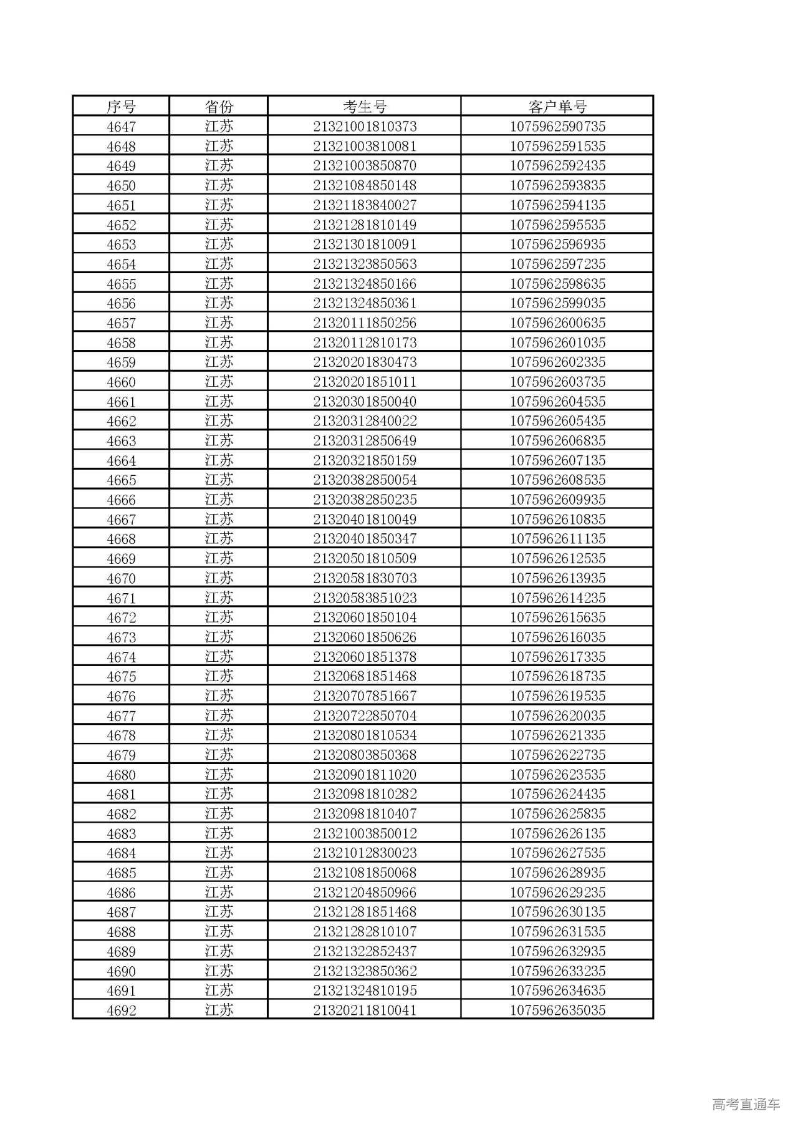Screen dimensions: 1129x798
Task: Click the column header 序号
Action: (121, 106)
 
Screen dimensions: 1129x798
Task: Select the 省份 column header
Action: (219, 106)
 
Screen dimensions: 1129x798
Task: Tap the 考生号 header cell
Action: (365, 106)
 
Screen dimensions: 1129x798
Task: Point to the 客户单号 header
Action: (557, 106)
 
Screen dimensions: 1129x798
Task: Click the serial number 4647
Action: (121, 127)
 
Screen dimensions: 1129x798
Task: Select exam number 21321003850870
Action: (365, 166)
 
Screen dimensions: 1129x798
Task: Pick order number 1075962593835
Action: (557, 185)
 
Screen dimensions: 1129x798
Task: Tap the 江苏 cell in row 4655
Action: (219, 284)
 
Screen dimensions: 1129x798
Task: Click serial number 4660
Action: (121, 382)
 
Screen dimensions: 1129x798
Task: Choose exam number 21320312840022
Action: (365, 421)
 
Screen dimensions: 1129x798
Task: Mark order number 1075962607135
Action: (557, 460)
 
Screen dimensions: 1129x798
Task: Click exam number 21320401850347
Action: (365, 539)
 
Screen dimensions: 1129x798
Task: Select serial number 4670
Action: (121, 578)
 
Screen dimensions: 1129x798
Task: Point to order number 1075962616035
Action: (557, 637)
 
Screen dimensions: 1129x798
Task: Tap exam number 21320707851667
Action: (365, 696)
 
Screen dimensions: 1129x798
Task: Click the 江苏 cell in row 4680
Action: (219, 775)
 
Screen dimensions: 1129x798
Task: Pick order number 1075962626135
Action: (557, 833)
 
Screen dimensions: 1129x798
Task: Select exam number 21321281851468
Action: (365, 912)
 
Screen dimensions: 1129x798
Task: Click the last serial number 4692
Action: (121, 1010)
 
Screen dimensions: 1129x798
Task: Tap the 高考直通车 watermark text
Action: (746, 1104)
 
